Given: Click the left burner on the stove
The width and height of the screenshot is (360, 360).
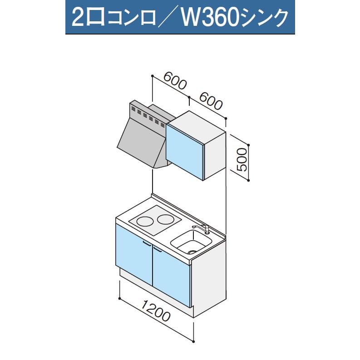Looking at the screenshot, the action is [x=145, y=221].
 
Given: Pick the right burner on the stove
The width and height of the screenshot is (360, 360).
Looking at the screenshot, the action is [x=166, y=220].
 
